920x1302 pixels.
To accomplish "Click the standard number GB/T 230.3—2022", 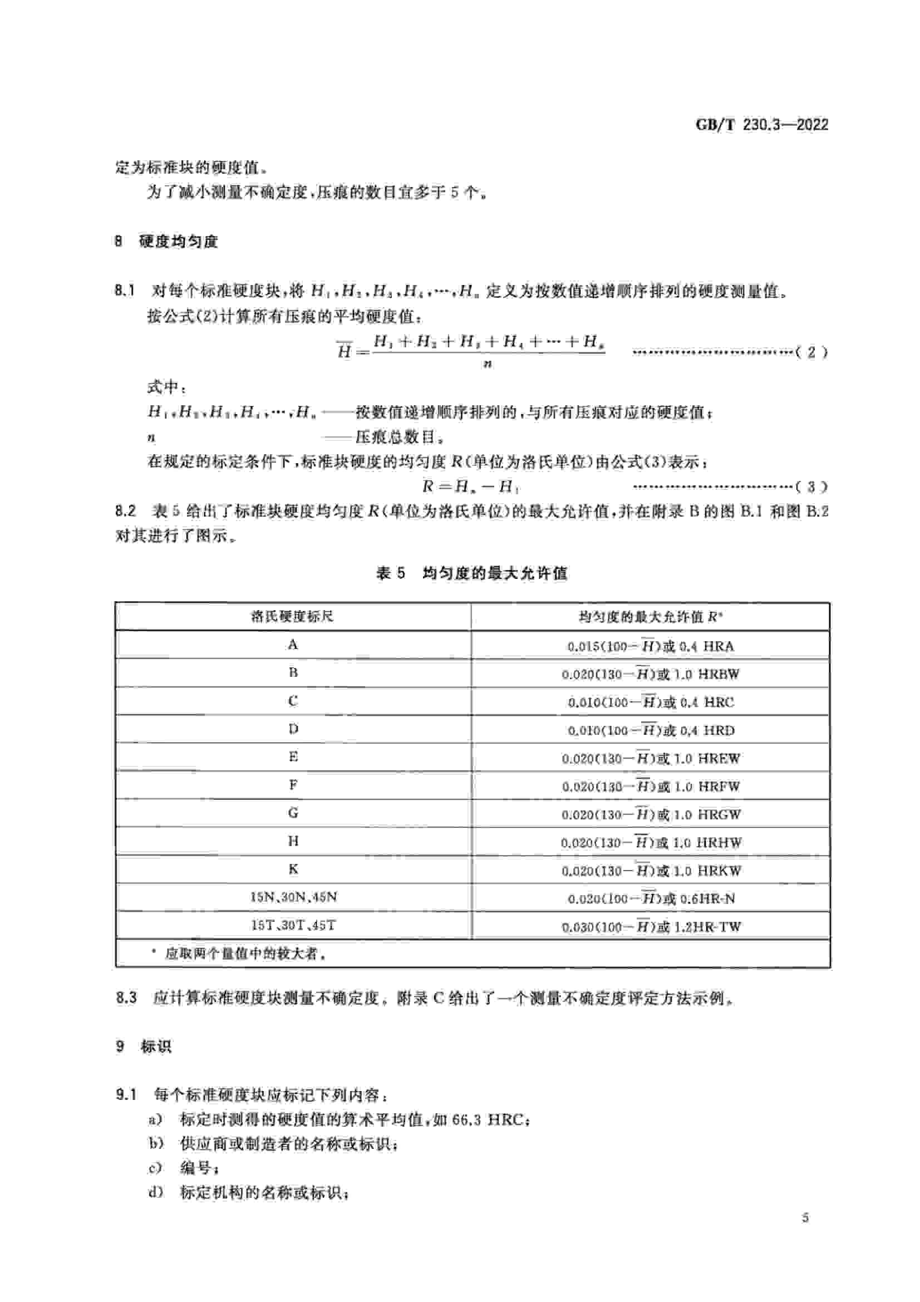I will (761, 125).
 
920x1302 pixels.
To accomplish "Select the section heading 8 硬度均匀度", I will (166, 242).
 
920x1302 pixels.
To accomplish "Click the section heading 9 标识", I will (144, 1046).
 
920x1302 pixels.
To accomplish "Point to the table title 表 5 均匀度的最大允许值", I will (471, 573).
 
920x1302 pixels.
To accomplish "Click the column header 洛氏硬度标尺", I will (293, 616).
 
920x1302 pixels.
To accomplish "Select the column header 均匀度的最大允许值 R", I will (650, 616).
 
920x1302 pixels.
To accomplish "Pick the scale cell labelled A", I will (293, 645).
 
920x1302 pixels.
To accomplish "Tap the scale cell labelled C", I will (293, 701).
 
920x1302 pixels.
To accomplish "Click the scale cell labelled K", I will (293, 869).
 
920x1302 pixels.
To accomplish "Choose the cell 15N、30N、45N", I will (293, 897).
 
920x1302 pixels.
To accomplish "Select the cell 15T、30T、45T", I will (293, 925).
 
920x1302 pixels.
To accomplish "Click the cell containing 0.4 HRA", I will (650, 646).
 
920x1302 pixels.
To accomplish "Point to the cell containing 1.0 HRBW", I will (650, 674).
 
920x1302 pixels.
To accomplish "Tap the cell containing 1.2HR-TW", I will (650, 927).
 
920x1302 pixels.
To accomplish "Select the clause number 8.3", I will (126, 998).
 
